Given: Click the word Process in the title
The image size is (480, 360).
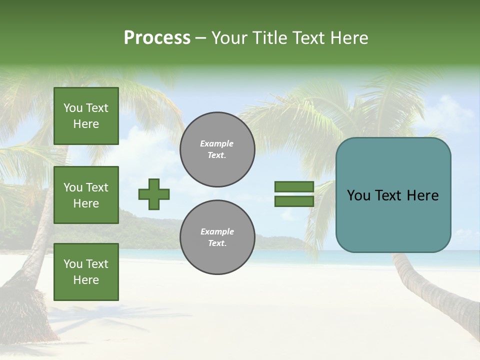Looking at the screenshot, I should point(157,38).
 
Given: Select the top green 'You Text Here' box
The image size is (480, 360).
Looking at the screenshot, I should point(86,116).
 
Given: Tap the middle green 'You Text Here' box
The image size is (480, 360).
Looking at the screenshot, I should point(86,195).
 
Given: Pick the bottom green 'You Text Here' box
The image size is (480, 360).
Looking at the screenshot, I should point(86,272).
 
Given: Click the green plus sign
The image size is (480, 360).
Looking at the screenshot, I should point(154,194).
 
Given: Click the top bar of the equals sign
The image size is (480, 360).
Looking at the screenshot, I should point(294,186).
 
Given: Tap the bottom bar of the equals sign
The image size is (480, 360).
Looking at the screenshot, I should point(294,201).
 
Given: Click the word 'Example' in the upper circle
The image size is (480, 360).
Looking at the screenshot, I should point(217,143).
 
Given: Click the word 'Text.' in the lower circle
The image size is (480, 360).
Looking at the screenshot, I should point(217,243).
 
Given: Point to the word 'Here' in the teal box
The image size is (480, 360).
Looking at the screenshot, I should point(422,195).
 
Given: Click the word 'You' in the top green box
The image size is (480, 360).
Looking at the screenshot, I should point(73,108).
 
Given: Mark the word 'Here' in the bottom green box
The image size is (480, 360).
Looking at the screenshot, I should point(86,280).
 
